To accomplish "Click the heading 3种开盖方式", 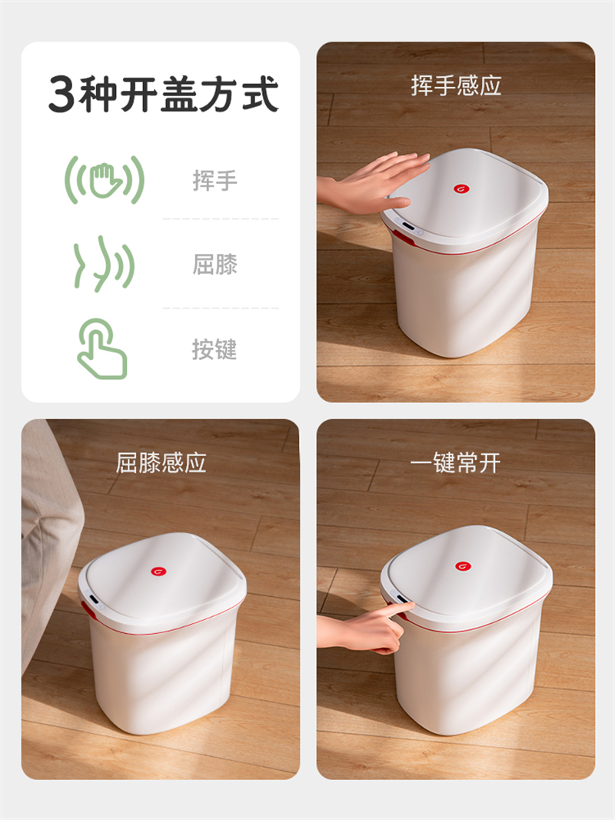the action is coord(164,94).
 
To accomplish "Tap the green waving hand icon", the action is coord(105,179).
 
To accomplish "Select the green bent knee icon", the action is coord(104,263).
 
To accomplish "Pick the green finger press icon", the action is coord(102,348).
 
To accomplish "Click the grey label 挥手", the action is coord(214,181).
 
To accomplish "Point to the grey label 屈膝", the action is coord(214,265).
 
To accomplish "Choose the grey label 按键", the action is coord(214,349).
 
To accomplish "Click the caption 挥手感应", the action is coord(456,85).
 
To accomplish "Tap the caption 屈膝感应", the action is coord(161,463).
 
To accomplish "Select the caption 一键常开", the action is coord(456,463).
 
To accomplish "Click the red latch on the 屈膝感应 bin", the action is coord(85,608).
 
